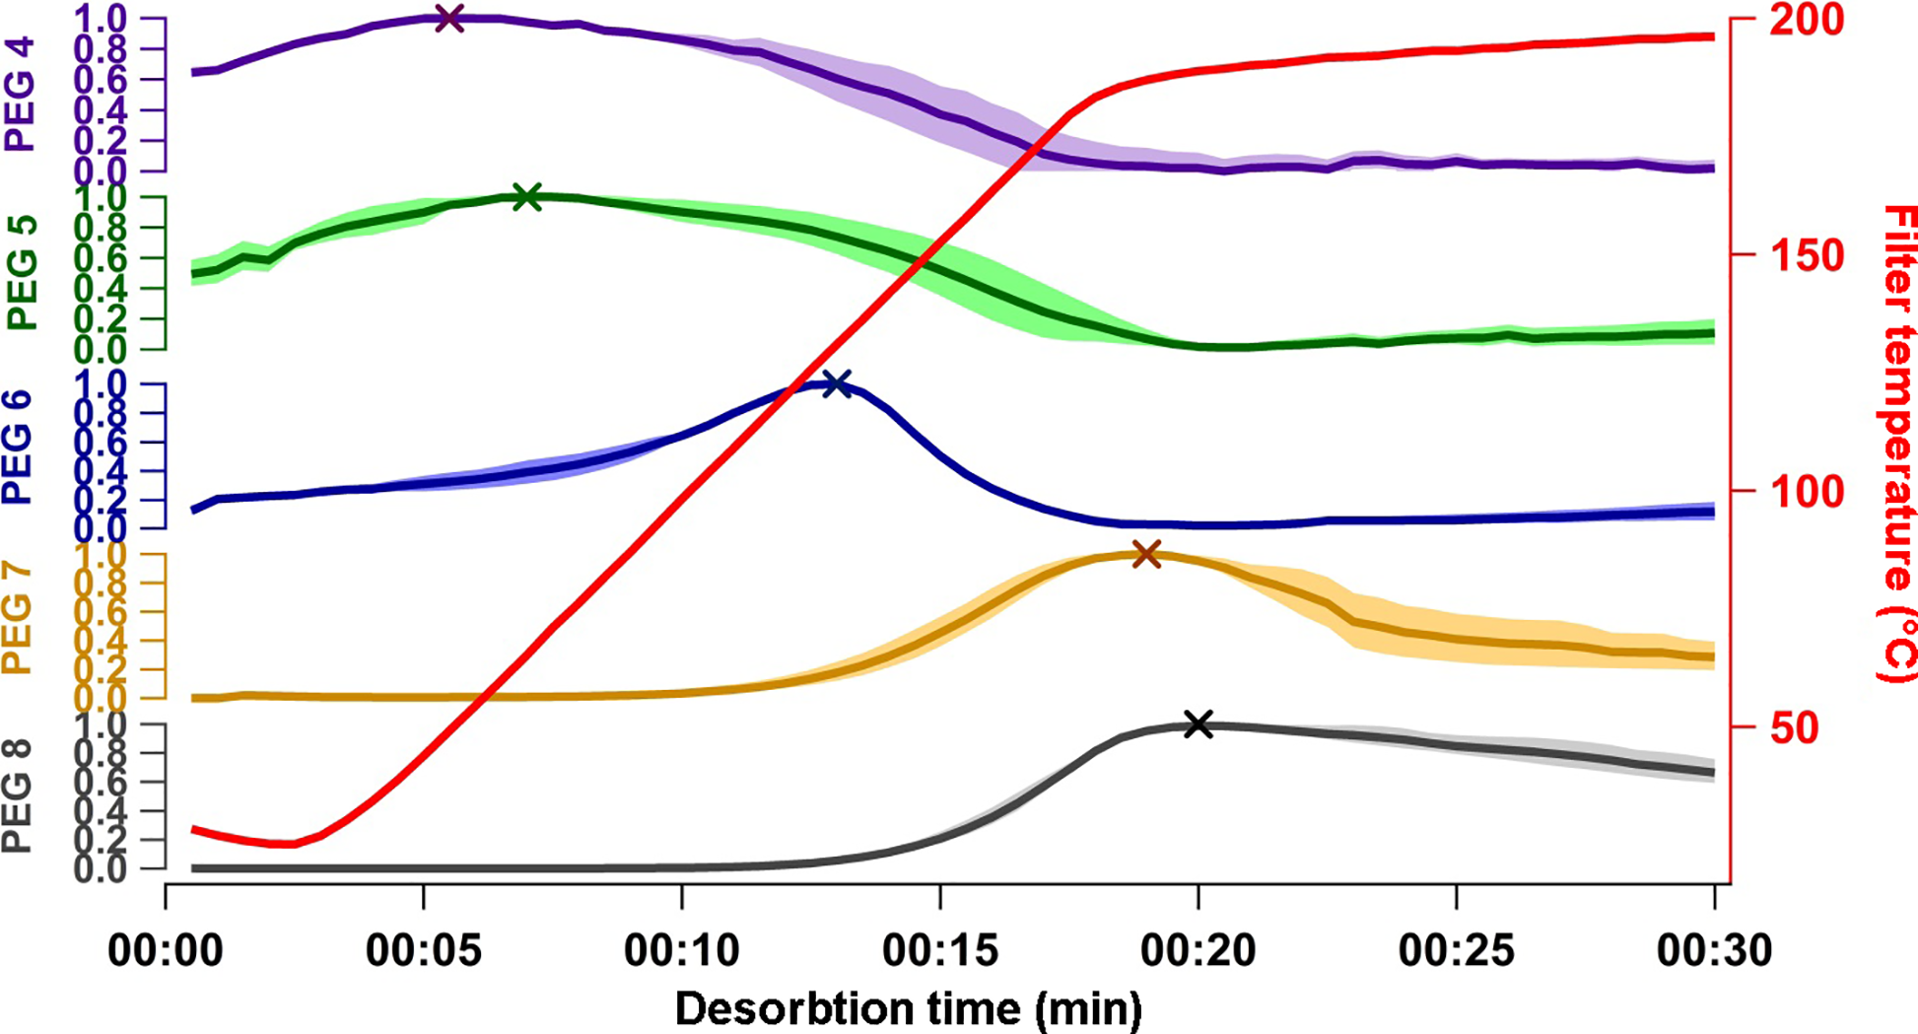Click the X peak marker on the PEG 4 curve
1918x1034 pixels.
(449, 18)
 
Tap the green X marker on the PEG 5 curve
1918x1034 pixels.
(528, 197)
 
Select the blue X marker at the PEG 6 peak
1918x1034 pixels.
(836, 383)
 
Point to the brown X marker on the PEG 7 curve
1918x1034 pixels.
(1146, 554)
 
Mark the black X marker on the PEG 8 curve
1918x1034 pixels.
(1198, 724)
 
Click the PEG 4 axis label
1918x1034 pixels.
(20, 95)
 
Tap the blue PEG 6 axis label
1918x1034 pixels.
(18, 448)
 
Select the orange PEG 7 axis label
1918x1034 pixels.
(18, 619)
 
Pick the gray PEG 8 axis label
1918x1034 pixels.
(18, 796)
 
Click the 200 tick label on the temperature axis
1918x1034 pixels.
(1806, 20)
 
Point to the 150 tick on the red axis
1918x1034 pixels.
(1806, 255)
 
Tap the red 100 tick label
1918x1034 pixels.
(1806, 491)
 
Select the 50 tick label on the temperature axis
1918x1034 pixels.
(1795, 728)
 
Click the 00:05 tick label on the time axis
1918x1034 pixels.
(424, 951)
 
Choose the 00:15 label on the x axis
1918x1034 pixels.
(940, 951)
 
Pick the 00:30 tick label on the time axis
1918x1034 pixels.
(1714, 951)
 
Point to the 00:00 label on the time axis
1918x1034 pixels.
(166, 951)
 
